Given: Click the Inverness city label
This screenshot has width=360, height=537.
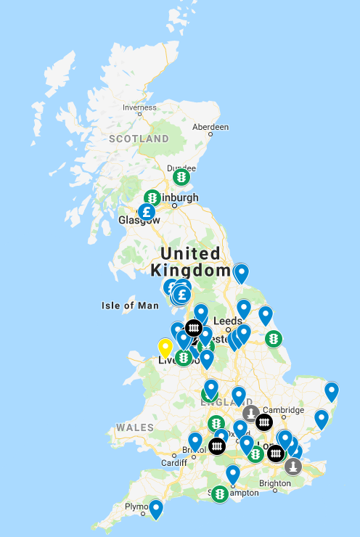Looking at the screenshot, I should pos(139,108).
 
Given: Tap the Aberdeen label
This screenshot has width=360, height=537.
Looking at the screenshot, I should pos(210,126).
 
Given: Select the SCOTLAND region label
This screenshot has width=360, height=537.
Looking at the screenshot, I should pos(139,139).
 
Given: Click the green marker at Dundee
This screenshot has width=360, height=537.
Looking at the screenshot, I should pos(181,176).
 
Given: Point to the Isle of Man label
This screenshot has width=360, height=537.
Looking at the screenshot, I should pos(130,306).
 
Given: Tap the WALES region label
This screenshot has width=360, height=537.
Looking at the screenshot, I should pos(135,427).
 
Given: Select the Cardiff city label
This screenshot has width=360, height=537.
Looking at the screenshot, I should pos(174,463).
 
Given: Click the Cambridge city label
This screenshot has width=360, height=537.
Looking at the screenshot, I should pos(283,410).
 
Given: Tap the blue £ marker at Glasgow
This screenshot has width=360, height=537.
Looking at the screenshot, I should pos(147,213).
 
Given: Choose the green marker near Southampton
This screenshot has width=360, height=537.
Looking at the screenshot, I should pos(219,493).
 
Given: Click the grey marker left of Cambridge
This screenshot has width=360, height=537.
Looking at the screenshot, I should pos(251,414).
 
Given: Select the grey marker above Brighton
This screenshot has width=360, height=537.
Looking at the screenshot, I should pos(293,465).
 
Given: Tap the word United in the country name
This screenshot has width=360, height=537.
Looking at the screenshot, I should pos(190,253).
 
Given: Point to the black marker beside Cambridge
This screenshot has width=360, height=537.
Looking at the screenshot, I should pos(264,422).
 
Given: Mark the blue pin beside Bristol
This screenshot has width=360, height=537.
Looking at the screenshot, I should pos(195,440).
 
